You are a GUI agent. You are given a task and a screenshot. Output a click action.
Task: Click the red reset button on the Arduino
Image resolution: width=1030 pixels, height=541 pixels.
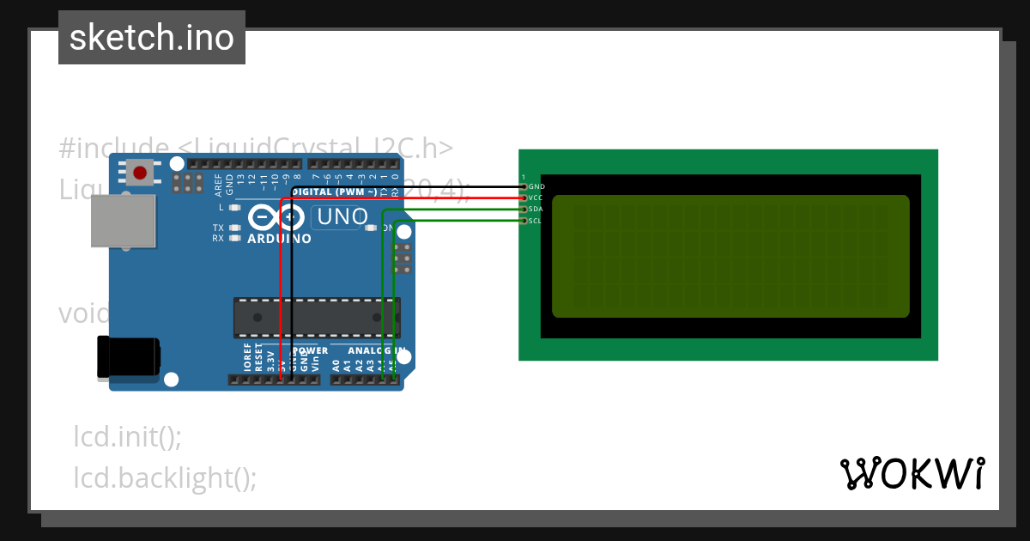[x=140, y=173]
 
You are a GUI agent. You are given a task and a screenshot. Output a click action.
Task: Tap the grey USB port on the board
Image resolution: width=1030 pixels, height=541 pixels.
[x=124, y=221]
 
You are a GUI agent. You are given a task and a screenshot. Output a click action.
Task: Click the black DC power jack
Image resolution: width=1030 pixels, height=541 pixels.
[x=129, y=358]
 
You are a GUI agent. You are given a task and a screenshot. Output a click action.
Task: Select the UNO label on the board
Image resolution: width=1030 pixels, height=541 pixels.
[x=342, y=218]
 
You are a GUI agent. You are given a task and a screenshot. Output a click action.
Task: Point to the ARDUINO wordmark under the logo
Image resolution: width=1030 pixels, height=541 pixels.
[x=279, y=238]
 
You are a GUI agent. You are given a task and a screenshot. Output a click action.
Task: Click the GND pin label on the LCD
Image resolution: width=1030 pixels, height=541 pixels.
[x=536, y=186]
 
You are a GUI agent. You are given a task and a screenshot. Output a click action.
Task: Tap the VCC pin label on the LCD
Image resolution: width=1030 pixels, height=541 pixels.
[x=536, y=198]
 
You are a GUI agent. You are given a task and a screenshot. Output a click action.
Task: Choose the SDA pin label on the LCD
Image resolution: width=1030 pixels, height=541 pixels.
[x=536, y=210]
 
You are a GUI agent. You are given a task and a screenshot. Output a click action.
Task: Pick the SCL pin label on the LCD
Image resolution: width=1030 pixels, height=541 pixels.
[x=536, y=221]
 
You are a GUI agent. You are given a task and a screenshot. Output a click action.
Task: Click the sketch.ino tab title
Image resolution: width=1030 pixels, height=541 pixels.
[x=152, y=38]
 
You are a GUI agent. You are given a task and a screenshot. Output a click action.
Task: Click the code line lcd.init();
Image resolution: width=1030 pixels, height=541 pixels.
[x=128, y=437]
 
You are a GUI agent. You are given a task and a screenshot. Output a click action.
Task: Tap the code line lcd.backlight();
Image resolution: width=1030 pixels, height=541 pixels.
[x=166, y=477]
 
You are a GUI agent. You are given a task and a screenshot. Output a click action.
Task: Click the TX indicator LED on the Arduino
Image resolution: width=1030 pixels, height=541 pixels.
[x=233, y=228]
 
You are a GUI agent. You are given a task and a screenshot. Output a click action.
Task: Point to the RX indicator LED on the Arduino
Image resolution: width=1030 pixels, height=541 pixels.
[x=233, y=238]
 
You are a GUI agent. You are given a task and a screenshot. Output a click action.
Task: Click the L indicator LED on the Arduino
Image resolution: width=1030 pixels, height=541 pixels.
[x=233, y=208]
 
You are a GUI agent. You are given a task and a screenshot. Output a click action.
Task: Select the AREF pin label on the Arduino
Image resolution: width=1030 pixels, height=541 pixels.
[x=218, y=182]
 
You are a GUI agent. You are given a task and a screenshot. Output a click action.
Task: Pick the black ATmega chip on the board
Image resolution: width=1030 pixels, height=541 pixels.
[x=317, y=317]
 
